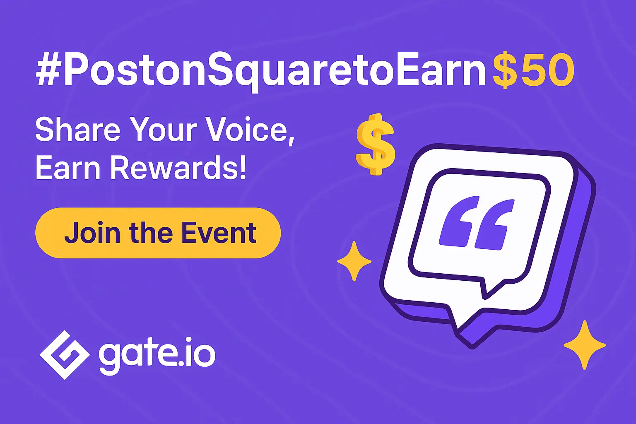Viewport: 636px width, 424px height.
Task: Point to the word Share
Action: [x=78, y=130]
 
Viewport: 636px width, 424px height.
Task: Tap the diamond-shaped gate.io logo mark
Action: [x=65, y=355]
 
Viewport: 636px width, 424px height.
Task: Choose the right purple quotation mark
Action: [x=494, y=225]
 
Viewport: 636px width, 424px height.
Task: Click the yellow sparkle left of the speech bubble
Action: [x=354, y=261]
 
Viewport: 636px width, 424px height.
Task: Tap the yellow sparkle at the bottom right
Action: [x=585, y=345]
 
